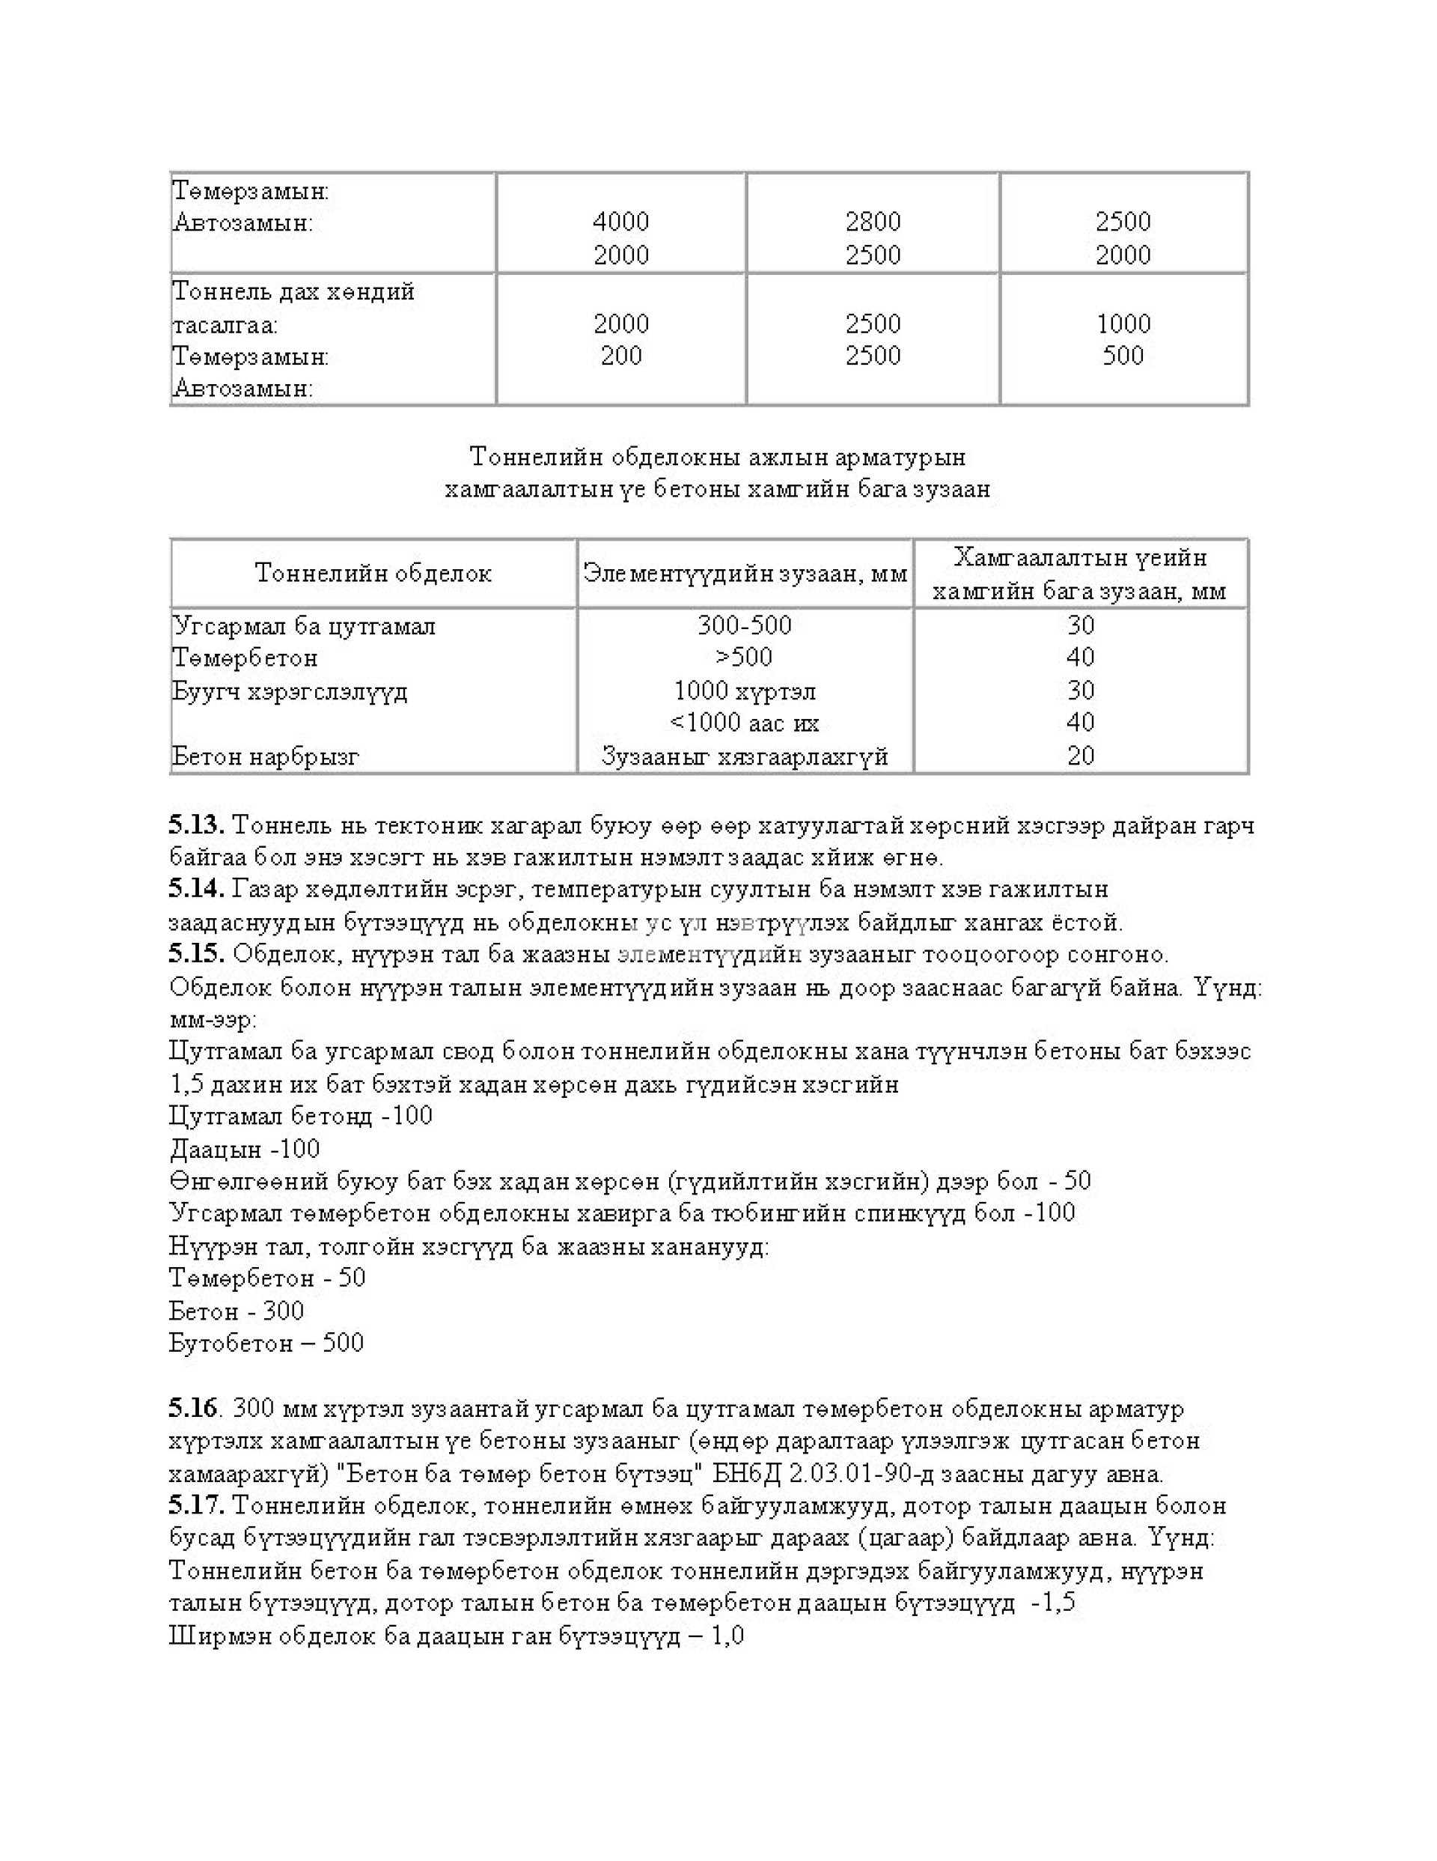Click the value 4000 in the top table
(620, 222)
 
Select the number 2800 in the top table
(872, 222)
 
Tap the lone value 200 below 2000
(620, 355)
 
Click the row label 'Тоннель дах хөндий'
(294, 292)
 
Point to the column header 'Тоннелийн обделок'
(373, 574)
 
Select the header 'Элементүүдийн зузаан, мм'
(745, 574)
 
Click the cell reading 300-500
(744, 625)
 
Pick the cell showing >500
(744, 657)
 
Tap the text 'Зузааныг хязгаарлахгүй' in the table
(744, 756)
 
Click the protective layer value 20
(1080, 756)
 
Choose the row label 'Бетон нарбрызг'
(266, 756)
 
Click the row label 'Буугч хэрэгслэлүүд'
(290, 690)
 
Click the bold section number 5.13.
(196, 825)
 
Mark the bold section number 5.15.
(196, 953)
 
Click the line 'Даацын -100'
(245, 1149)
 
